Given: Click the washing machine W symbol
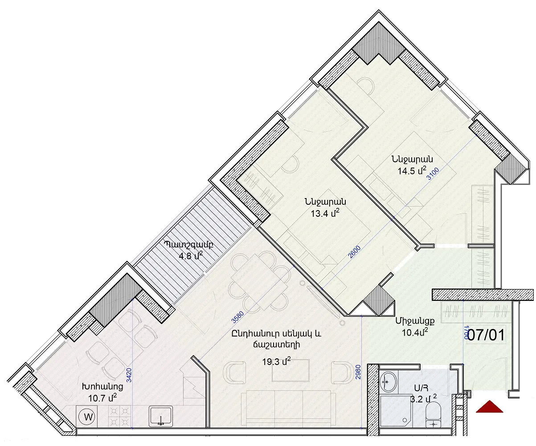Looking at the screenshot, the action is (x=88, y=417).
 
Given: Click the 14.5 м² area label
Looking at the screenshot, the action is (x=412, y=170).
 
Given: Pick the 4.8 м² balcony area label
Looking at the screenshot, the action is (x=191, y=255).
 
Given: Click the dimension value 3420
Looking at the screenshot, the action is (x=129, y=375).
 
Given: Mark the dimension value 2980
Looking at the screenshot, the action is (x=359, y=372).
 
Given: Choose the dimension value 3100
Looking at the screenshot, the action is (x=433, y=174).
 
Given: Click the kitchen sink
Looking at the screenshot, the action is (x=161, y=417).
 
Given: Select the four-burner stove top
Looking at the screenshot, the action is (x=119, y=417).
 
